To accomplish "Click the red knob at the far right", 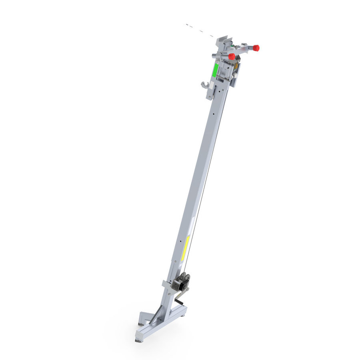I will (256, 48).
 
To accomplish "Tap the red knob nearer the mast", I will (232, 56).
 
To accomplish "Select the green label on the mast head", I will (215, 70).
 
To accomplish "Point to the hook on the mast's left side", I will (205, 85).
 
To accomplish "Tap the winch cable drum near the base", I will (185, 279).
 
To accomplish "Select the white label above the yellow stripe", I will (192, 224).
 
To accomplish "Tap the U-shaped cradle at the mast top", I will (224, 40).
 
